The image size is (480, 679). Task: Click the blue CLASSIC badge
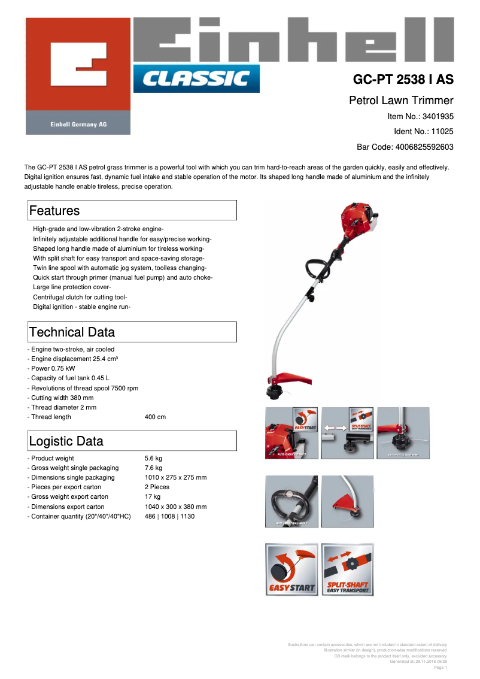[196, 78]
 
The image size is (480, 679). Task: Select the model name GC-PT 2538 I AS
[403, 80]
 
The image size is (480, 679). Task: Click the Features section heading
[54, 211]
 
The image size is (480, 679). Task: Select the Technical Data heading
[72, 332]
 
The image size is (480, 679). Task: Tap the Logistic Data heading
[66, 441]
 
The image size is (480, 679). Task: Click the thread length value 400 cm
[155, 417]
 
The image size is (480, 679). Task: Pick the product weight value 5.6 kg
[153, 458]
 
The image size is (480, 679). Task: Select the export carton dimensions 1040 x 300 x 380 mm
[175, 507]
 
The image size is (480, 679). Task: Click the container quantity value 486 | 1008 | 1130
[169, 516]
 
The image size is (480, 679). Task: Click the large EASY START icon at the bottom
[291, 569]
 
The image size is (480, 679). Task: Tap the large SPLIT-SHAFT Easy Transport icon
[347, 569]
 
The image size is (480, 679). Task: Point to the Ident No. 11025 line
[423, 131]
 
